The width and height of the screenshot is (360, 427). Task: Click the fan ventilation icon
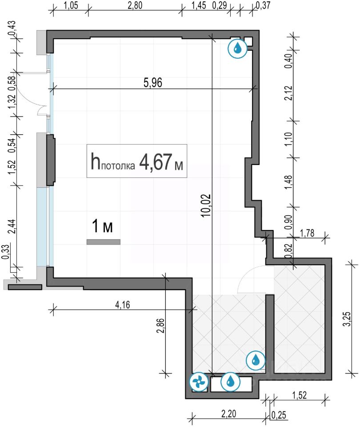198,382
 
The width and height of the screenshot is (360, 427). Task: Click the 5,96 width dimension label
152,83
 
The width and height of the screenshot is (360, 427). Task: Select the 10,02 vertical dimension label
206,205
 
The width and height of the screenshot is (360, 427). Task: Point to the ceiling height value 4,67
156,161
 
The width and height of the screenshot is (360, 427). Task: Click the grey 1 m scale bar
104,242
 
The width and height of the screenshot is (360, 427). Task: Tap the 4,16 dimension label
123,305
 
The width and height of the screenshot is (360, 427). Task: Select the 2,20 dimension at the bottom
228,414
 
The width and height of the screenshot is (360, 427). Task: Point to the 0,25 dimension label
279,415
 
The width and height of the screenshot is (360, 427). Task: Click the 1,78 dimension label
307,233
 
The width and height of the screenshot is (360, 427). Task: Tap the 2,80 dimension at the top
135,5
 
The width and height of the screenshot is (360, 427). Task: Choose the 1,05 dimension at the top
71,5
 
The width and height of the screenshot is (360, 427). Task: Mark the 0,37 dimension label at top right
263,5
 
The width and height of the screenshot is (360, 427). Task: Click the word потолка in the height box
118,166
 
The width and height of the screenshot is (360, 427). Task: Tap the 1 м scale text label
102,226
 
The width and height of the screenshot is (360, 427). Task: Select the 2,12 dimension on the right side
288,93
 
